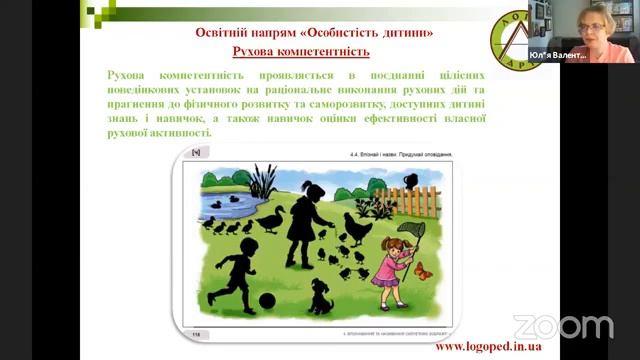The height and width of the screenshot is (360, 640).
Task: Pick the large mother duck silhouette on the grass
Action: [x=271, y=219]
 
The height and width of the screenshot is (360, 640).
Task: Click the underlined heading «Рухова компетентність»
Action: [x=300, y=50]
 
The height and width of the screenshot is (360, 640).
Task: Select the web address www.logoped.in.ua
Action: [x=495, y=346]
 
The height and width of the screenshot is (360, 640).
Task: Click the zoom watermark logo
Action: [x=562, y=326]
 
